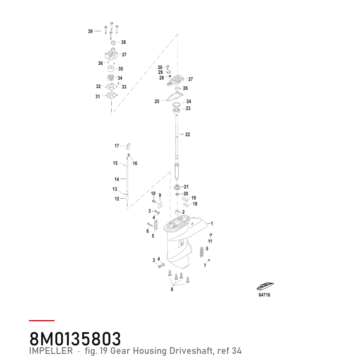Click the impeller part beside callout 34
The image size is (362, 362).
coord(111,78)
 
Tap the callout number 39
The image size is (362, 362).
coord(90,31)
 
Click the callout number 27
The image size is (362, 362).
coord(190,79)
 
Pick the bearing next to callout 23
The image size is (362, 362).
coord(177,110)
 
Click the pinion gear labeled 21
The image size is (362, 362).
coord(177,187)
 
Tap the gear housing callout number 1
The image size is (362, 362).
coord(212,224)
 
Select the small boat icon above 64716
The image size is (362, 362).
coord(265,287)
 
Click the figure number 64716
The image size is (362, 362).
coord(264,295)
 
